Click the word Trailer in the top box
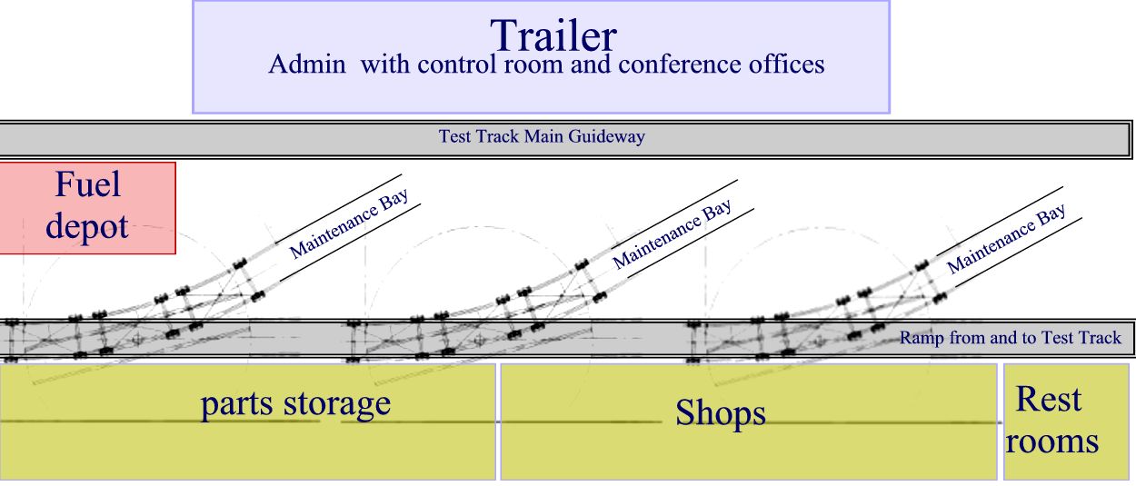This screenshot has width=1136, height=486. [x=553, y=35]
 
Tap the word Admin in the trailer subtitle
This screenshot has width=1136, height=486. [x=307, y=64]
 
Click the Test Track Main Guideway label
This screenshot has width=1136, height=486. [x=542, y=136]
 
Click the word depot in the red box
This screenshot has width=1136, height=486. [x=86, y=226]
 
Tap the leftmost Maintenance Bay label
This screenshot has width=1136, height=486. [x=349, y=223]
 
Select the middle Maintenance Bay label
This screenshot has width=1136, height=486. [x=672, y=233]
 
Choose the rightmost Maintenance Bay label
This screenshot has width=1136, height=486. [x=1006, y=239]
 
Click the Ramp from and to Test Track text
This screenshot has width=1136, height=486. [x=1011, y=338]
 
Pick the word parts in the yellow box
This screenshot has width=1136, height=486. [x=237, y=404]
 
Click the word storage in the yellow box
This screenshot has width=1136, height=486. [x=337, y=404]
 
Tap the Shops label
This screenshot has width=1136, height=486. [x=721, y=413]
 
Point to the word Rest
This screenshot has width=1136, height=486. [x=1049, y=399]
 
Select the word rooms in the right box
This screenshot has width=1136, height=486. [x=1051, y=441]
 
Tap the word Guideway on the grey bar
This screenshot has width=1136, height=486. [x=606, y=136]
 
